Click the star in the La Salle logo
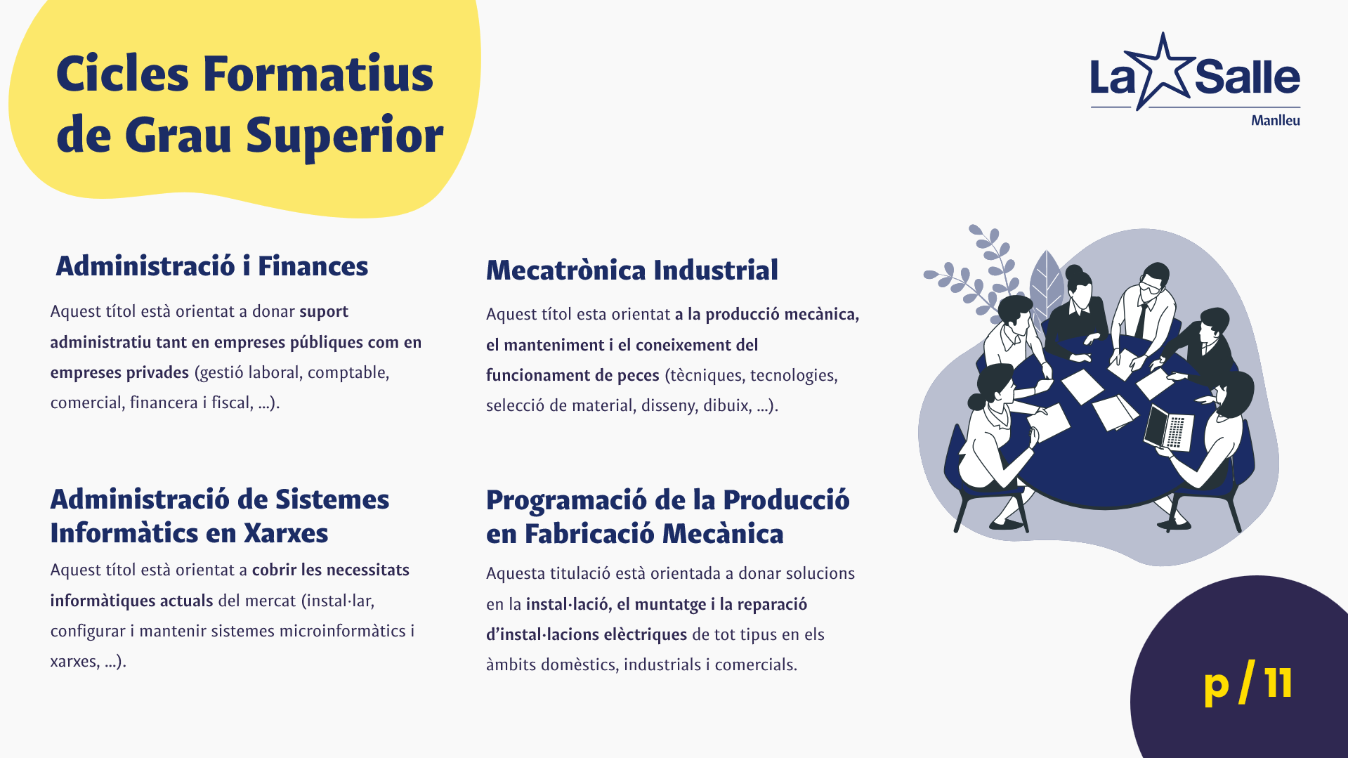coord(1163,70)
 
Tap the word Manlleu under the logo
coord(1275,121)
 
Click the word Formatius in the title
coord(318,74)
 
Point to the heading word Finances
coord(313,267)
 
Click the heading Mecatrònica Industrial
coord(632,270)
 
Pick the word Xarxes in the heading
coord(286,534)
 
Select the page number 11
coord(1278,683)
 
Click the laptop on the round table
coord(1169,427)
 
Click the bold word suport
coord(324,312)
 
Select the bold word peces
coord(638,376)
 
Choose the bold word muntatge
coord(670,605)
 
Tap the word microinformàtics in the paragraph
coord(343,632)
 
